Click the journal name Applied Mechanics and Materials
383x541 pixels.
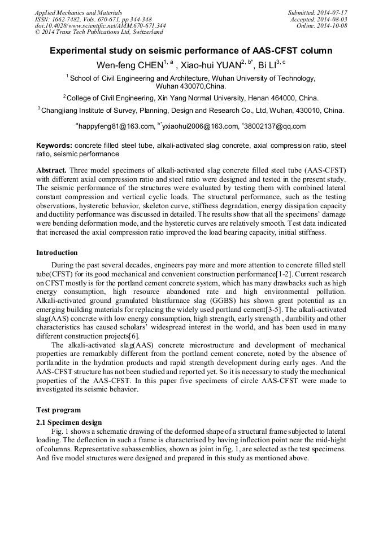tap(79, 12)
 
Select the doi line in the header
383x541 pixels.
tap(100, 25)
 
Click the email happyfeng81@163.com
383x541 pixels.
tap(116, 126)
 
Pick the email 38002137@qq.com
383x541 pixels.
tap(276, 126)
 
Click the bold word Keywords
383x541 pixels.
tap(54, 146)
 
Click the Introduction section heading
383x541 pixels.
tap(57, 253)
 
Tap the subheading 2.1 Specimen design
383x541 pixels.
tap(69, 422)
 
